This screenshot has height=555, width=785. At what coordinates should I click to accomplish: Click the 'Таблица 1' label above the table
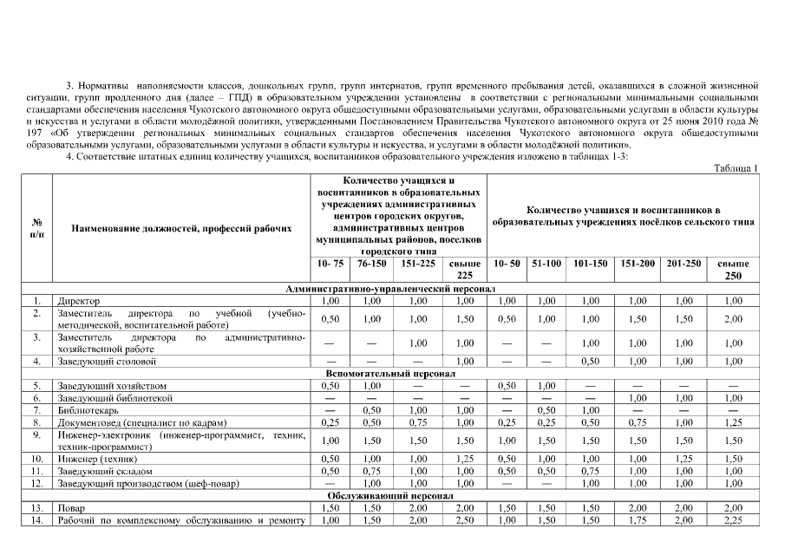pyautogui.click(x=736, y=167)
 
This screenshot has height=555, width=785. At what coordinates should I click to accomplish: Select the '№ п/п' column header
pyautogui.click(x=37, y=227)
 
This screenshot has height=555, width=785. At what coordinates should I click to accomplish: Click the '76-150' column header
pyautogui.click(x=371, y=263)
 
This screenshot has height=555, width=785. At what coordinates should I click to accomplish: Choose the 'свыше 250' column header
pyautogui.click(x=733, y=269)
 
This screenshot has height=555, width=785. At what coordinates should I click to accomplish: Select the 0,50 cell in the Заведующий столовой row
pyautogui.click(x=590, y=360)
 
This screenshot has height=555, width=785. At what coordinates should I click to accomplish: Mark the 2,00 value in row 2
pyautogui.click(x=733, y=318)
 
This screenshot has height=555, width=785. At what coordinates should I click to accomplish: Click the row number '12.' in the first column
pyautogui.click(x=37, y=483)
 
